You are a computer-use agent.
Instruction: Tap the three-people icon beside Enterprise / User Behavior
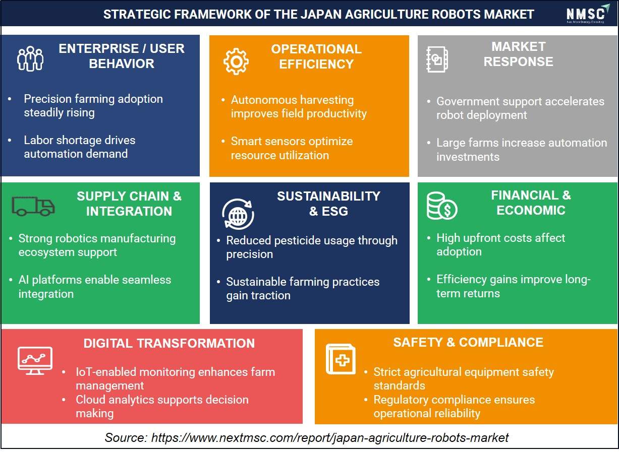point(30,58)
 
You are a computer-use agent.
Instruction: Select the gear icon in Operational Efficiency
point(236,61)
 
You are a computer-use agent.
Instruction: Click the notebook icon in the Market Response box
point(436,59)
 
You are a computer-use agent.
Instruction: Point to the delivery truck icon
point(33,206)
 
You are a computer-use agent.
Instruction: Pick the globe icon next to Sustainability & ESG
point(238,214)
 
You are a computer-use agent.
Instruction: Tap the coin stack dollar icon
point(441,206)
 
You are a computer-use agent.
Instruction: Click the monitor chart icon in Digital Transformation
point(35,360)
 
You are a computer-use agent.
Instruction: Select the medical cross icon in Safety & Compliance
point(341,359)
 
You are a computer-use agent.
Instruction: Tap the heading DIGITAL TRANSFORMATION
point(169,344)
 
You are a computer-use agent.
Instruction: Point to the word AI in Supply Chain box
point(24,280)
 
